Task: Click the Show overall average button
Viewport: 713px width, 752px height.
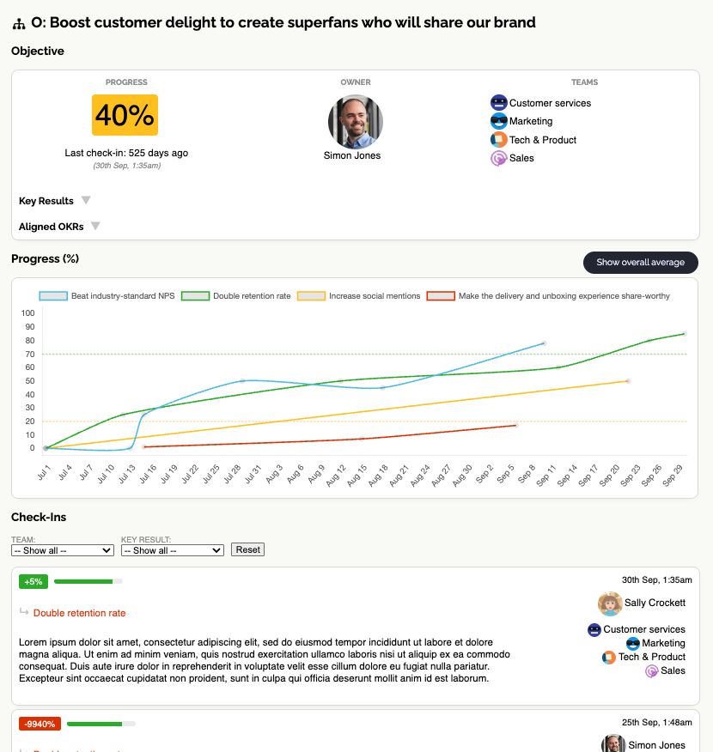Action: pos(640,262)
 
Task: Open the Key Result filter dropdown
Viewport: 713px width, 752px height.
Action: pos(173,550)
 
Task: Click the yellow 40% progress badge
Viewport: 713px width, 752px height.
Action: pos(125,115)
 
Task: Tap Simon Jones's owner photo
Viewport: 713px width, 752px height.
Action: pos(356,122)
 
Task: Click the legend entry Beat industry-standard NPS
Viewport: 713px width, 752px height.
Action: pos(107,296)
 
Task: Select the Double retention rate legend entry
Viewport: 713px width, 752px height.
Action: pos(236,296)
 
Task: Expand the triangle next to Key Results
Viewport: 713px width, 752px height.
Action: pos(86,201)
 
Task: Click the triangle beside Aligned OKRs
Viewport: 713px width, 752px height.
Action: pos(95,227)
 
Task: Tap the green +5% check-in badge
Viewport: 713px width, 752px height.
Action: pos(34,581)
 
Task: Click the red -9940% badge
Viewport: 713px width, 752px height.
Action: pos(40,724)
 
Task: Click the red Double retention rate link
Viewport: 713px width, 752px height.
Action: pos(79,613)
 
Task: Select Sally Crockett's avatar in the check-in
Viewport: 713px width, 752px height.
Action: pos(610,603)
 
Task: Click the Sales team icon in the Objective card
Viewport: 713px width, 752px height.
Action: pos(498,158)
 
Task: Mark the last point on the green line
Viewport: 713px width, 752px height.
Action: pos(684,333)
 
